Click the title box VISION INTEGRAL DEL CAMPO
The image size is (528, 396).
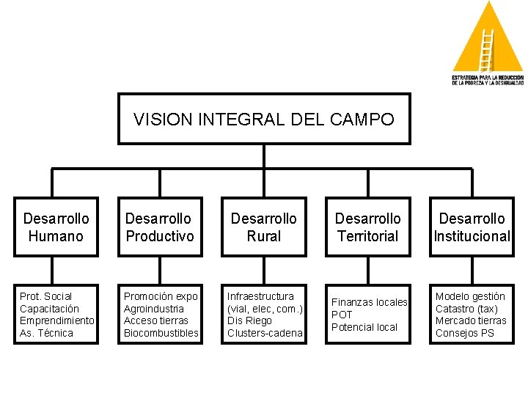click(x=264, y=119)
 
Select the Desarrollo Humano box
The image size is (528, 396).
click(x=56, y=227)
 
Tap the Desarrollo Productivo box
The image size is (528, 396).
click(x=160, y=227)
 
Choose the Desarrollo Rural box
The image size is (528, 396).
click(x=264, y=227)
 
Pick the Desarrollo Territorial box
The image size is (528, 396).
click(x=368, y=227)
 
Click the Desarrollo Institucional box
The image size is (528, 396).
click(x=472, y=227)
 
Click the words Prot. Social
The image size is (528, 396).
click(x=45, y=296)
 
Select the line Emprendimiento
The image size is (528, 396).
click(x=56, y=320)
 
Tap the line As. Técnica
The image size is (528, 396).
click(x=46, y=333)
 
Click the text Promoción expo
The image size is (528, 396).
click(x=161, y=296)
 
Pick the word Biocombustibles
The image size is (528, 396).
click(x=161, y=333)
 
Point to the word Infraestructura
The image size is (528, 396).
click(x=260, y=296)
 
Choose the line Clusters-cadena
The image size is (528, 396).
click(x=265, y=333)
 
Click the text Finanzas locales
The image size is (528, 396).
click(x=370, y=302)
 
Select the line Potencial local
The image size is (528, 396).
click(x=364, y=327)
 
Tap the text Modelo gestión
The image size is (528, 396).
click(x=470, y=296)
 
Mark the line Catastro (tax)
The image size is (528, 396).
click(x=466, y=309)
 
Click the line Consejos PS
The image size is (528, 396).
click(x=465, y=333)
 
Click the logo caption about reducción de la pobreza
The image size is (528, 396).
click(x=488, y=80)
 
